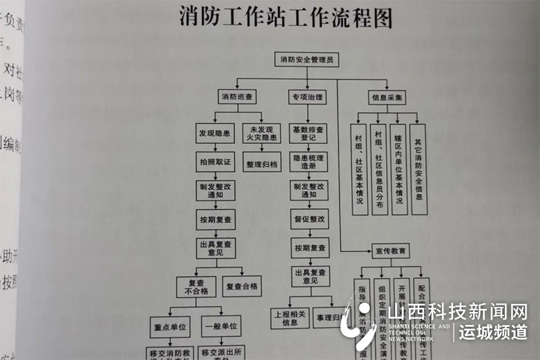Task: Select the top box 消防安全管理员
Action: (x=307, y=60)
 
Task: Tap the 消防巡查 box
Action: (x=237, y=97)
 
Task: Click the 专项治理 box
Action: (x=307, y=97)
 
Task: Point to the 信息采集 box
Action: (x=387, y=97)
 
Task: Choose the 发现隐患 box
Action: (x=215, y=133)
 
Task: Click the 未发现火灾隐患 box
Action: (x=262, y=133)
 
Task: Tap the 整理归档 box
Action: (x=262, y=164)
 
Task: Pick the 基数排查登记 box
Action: (x=308, y=133)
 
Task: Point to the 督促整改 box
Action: (x=309, y=220)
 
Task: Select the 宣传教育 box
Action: (x=391, y=251)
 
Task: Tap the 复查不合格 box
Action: (x=198, y=286)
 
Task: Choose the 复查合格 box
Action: (x=242, y=286)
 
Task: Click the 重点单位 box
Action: (x=169, y=327)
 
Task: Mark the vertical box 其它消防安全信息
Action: (x=418, y=169)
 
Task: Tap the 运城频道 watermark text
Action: (x=493, y=332)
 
